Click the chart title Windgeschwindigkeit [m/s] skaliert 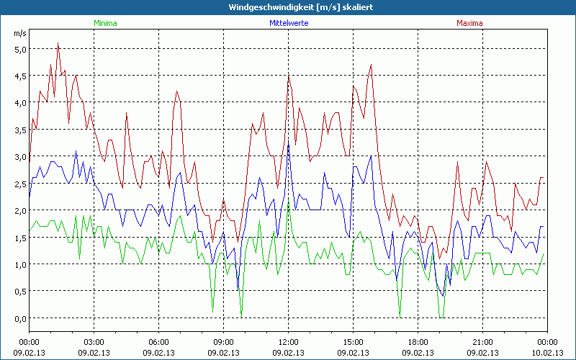[x=287, y=7]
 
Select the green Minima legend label [x=105, y=23]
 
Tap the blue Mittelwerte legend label [x=288, y=23]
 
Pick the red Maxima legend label [x=469, y=23]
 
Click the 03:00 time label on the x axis [x=94, y=341]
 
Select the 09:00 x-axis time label [x=224, y=341]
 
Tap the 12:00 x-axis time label [x=288, y=341]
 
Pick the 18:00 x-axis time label [x=418, y=341]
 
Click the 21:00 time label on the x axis [x=482, y=341]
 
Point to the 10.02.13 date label [x=546, y=353]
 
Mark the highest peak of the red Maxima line [x=58, y=42]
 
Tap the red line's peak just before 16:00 [x=372, y=65]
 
